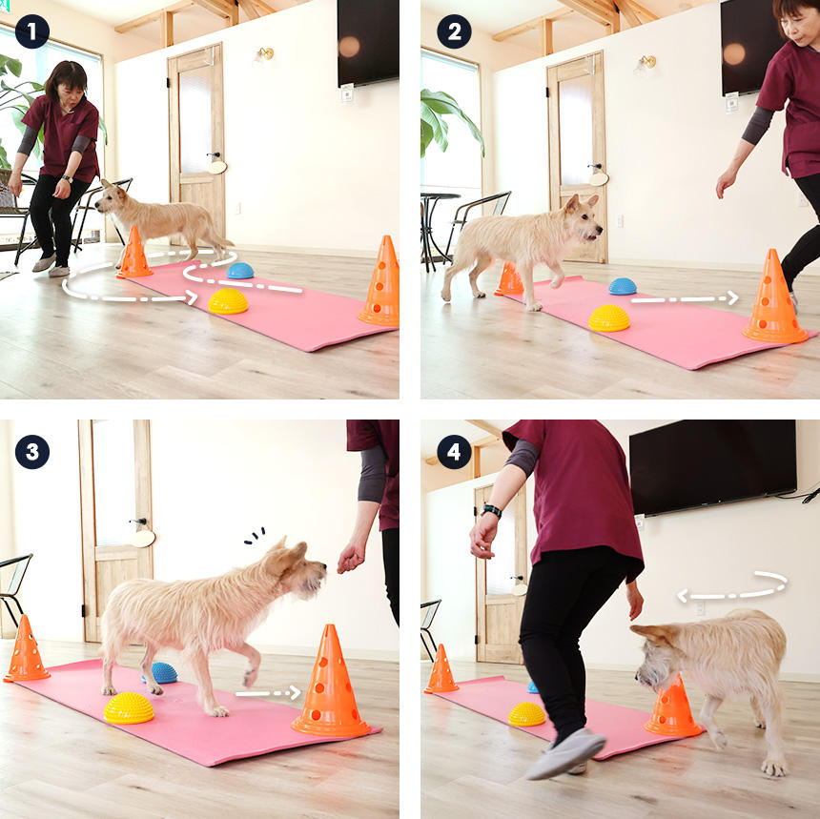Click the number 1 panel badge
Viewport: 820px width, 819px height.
[x=32, y=31]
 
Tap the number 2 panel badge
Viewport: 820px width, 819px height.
[x=454, y=31]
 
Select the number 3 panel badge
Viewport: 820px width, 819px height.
[x=32, y=452]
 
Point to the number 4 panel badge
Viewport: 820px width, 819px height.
[x=454, y=452]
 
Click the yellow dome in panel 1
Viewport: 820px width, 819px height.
[x=228, y=301]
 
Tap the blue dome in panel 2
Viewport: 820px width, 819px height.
[x=623, y=286]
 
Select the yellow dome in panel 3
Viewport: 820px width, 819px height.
[x=129, y=708]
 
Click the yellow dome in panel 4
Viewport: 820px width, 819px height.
[x=526, y=714]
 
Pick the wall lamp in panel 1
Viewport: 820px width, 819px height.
[x=265, y=53]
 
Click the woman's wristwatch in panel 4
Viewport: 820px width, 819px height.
[x=492, y=510]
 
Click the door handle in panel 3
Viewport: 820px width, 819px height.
[x=138, y=522]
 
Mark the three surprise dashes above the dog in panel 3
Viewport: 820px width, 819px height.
[x=255, y=536]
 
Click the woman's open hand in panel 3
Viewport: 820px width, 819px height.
[x=350, y=558]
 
